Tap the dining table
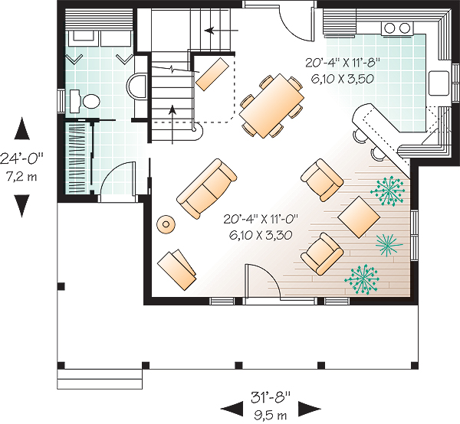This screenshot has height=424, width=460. pos(271,106)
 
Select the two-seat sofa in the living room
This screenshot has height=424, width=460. pos(206,188)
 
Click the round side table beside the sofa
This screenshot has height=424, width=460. pos(166,224)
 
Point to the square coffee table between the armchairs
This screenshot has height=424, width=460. pos(359,217)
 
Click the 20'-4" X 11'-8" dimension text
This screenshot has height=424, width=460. pos(343,62)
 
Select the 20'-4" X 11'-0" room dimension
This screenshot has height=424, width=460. pos(261,219)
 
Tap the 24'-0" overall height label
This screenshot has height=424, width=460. pos(21,159)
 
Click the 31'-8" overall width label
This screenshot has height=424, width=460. pos(271,397)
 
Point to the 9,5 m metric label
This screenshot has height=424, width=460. pos(271,415)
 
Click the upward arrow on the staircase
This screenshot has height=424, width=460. pos(172,125)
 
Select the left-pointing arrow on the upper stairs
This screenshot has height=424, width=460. pos(222,30)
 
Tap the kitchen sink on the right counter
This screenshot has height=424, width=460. pos(439,83)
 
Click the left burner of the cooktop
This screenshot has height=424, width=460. pos(390,28)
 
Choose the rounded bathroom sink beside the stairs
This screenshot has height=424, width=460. pos(136,86)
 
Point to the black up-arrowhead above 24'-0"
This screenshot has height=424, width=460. pos(22,128)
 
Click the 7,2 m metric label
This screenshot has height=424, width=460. pos(21,177)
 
